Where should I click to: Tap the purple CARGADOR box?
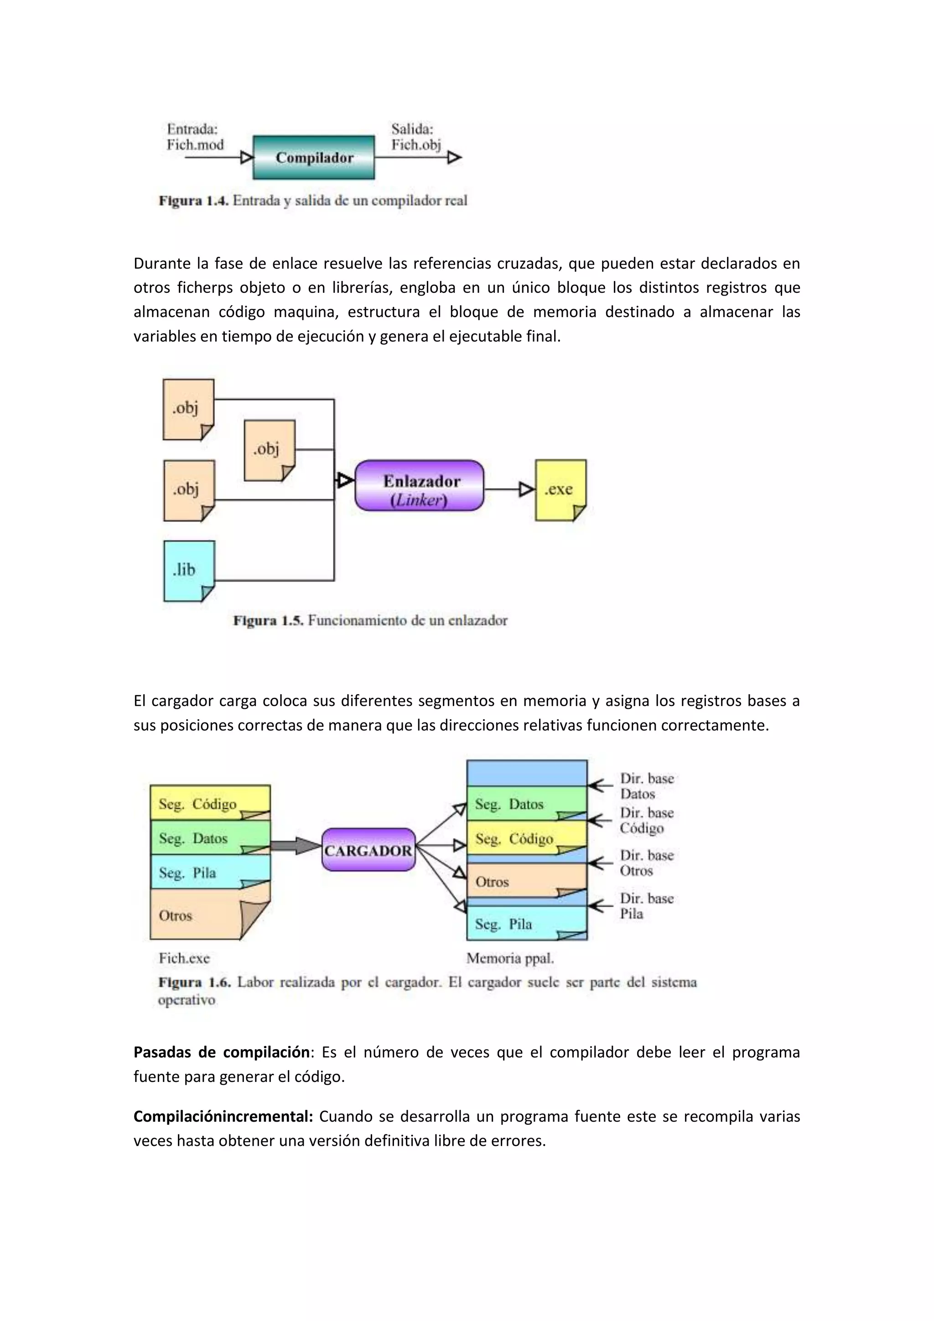(x=368, y=850)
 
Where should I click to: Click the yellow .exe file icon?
(x=560, y=489)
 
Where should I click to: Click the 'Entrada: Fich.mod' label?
(x=195, y=137)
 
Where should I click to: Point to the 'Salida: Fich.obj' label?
(x=416, y=137)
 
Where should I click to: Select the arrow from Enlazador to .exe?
(x=509, y=489)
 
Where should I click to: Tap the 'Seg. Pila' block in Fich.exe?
(x=210, y=872)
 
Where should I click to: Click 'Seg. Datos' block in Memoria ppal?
(x=526, y=804)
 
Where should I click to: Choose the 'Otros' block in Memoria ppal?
(x=526, y=881)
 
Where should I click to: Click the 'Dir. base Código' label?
(x=646, y=821)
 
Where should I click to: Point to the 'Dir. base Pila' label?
(x=646, y=906)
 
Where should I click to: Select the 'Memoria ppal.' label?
(x=509, y=958)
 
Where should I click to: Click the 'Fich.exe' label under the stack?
(x=184, y=958)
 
